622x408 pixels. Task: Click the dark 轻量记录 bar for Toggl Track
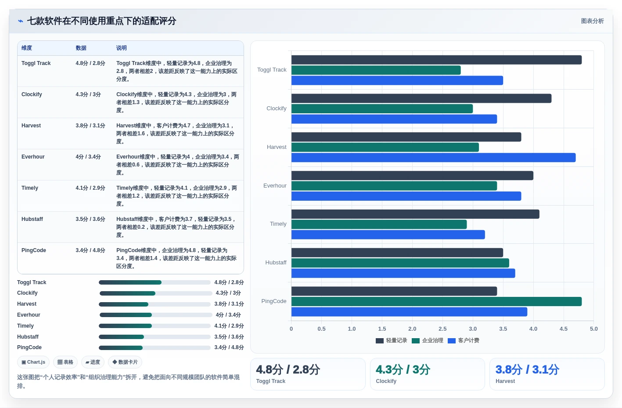pyautogui.click(x=436, y=60)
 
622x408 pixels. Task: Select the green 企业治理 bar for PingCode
pyautogui.click(x=436, y=302)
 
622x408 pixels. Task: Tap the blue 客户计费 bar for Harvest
pyautogui.click(x=433, y=158)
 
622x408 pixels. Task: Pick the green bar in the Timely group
pyautogui.click(x=379, y=224)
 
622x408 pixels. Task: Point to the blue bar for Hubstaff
pyautogui.click(x=403, y=273)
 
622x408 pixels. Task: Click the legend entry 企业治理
pyautogui.click(x=428, y=340)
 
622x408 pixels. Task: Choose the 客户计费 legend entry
pyautogui.click(x=464, y=340)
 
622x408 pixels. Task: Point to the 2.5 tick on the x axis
pyautogui.click(x=442, y=329)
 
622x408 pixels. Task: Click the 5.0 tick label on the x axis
pyautogui.click(x=593, y=329)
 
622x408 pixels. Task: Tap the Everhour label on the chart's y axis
pyautogui.click(x=275, y=185)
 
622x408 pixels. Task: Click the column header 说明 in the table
pyautogui.click(x=121, y=48)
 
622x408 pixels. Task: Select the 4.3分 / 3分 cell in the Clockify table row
pyautogui.click(x=88, y=94)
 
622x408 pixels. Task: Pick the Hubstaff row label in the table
pyautogui.click(x=32, y=219)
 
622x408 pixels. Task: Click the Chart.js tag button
pyautogui.click(x=33, y=362)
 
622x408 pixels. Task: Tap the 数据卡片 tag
pyautogui.click(x=125, y=362)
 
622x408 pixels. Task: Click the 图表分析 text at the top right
pyautogui.click(x=592, y=21)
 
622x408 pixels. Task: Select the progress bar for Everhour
pyautogui.click(x=156, y=315)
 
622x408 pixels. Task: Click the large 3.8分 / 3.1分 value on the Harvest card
pyautogui.click(x=527, y=370)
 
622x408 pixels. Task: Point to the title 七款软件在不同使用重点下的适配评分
pyautogui.click(x=102, y=21)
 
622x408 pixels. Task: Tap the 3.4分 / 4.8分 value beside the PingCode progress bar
pyautogui.click(x=229, y=347)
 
